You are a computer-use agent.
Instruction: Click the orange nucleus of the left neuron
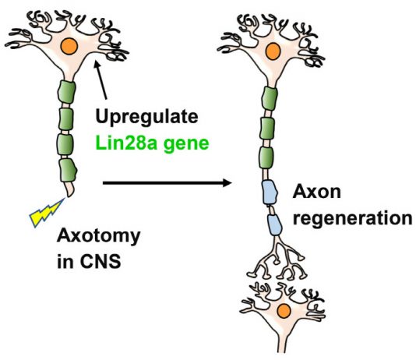tap(69, 46)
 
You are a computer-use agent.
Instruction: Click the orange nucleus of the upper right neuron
tap(272, 51)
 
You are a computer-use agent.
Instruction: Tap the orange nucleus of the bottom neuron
tap(284, 311)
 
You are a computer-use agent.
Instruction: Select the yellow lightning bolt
tap(47, 212)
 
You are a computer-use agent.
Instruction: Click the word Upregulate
tap(146, 116)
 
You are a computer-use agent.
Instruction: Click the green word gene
tap(186, 144)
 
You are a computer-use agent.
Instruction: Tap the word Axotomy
tap(99, 236)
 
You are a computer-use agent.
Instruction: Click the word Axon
tap(317, 191)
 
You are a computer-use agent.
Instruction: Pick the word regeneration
tap(353, 219)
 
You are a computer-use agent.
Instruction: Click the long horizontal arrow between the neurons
tap(167, 182)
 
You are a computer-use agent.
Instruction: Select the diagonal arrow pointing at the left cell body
tap(100, 79)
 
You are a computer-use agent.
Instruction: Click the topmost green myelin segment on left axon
tap(66, 92)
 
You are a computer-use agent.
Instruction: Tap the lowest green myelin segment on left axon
tap(68, 171)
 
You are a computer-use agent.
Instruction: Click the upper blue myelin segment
tap(270, 192)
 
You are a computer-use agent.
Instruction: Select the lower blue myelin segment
tap(274, 224)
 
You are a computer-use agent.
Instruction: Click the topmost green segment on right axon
tap(270, 99)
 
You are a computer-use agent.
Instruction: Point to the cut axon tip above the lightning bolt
tap(70, 190)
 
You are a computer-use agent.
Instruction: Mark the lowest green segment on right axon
tap(266, 157)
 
